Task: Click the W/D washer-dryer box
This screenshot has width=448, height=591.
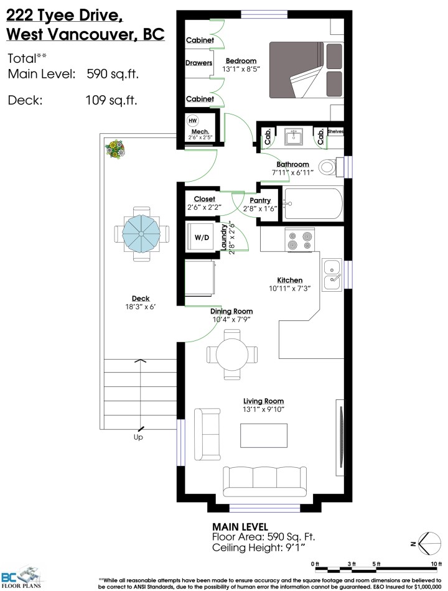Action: point(201,236)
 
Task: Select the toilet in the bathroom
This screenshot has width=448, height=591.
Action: point(328,167)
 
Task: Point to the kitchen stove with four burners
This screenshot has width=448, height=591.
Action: point(301,240)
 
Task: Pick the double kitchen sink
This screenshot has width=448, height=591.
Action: point(332,275)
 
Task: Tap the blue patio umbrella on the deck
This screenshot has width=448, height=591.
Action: point(141,234)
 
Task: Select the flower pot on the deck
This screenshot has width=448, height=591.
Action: point(115,149)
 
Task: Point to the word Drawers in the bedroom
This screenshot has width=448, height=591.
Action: point(199,63)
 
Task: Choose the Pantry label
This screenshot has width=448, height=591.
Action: point(259,201)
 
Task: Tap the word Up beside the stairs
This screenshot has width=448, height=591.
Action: point(138,437)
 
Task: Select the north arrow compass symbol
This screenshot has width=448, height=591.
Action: point(426,542)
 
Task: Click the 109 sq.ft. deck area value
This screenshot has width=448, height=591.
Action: point(111,100)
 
